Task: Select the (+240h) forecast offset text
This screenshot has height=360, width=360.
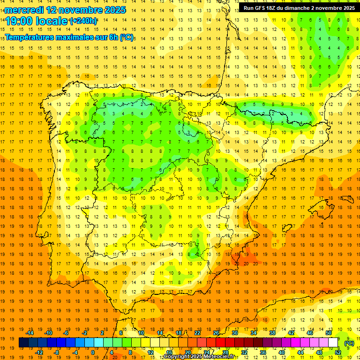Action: click(x=83, y=21)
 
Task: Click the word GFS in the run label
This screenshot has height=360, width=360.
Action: click(x=262, y=8)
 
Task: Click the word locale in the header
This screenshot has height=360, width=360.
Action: click(x=52, y=21)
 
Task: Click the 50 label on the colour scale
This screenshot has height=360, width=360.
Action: click(x=329, y=333)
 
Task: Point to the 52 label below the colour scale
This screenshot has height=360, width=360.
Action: click(x=338, y=352)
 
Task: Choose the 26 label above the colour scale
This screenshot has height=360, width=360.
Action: click(x=216, y=333)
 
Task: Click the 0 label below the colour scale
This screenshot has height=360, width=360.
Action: click(x=92, y=352)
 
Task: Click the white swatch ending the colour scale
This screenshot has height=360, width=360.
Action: click(x=333, y=343)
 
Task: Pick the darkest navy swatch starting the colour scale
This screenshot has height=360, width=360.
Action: click(x=23, y=343)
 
